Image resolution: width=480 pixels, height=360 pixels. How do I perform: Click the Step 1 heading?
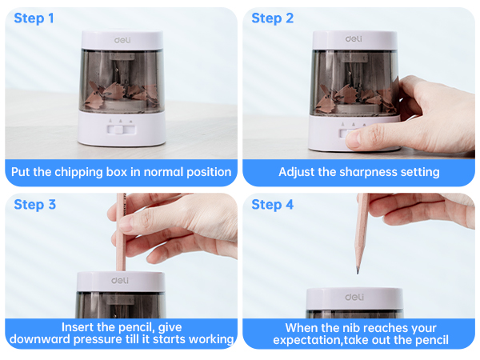click(34, 18)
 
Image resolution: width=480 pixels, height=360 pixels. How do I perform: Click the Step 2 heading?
click(272, 18)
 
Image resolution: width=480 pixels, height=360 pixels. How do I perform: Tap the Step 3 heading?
click(34, 205)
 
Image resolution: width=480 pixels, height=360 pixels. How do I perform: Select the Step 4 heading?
click(272, 205)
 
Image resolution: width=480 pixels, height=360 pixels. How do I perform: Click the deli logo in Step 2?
click(353, 38)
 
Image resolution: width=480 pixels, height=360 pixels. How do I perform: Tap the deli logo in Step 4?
click(353, 297)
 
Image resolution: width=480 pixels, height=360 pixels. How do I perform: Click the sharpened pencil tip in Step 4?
click(357, 269)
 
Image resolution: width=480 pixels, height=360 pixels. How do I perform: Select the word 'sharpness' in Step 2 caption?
click(361, 172)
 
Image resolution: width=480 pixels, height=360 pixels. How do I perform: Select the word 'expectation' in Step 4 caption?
click(306, 340)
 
